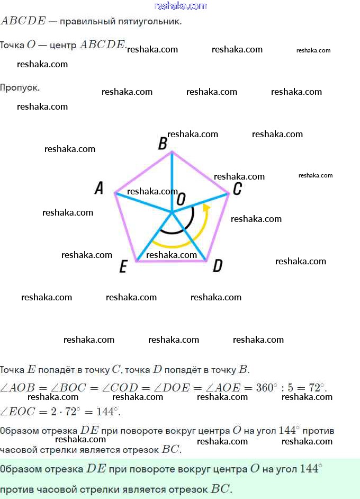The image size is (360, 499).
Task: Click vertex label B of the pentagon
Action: [x=163, y=144]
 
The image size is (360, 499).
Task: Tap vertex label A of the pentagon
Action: [x=99, y=188]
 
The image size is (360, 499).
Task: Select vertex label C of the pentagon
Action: [x=238, y=189]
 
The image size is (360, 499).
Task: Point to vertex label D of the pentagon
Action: [x=218, y=266]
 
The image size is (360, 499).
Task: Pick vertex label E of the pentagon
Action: [x=123, y=266]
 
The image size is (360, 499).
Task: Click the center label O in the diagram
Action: [x=181, y=199]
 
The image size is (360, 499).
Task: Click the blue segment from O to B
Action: [x=172, y=175]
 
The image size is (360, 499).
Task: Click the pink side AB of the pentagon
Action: [x=143, y=172]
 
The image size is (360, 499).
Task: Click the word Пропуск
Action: [x=20, y=87]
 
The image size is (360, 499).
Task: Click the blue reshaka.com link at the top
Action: [x=180, y=6]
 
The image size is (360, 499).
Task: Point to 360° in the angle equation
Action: [x=267, y=388]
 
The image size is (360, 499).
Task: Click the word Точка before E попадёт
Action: [x=12, y=370]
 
